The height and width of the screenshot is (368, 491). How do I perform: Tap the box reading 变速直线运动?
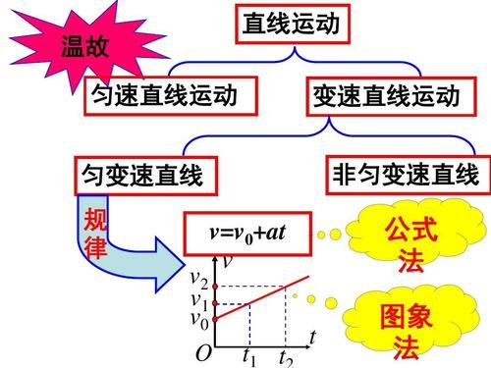(386, 95)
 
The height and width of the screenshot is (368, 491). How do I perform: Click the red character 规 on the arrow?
(95, 218)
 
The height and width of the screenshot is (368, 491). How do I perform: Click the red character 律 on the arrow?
(96, 247)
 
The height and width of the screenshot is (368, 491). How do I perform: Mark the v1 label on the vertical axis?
(199, 300)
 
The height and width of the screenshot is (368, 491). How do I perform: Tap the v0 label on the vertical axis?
(199, 318)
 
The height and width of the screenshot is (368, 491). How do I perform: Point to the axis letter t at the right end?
(311, 336)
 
